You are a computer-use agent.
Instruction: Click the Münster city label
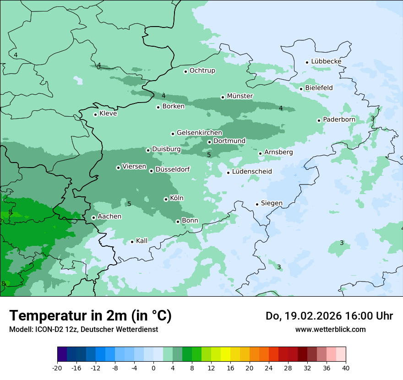tap(240, 96)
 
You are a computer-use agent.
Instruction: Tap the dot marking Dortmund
tap(209, 142)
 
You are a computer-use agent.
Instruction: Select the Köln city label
tap(176, 198)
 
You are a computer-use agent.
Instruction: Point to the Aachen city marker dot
tap(93, 217)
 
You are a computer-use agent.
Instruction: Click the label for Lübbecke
tap(326, 61)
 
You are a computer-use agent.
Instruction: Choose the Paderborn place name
tap(339, 119)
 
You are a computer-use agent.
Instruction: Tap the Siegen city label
tap(272, 203)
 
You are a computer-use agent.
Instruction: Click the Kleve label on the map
tap(108, 114)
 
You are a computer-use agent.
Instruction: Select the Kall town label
tap(142, 241)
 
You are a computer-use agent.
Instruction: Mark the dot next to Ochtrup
tap(185, 71)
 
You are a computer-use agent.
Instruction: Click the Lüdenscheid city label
tap(252, 172)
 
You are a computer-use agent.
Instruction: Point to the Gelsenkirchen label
tap(199, 133)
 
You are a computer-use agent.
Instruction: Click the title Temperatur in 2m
tap(90, 316)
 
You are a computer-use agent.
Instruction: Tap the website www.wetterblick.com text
tap(330, 329)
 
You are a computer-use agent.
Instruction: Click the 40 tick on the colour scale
tap(345, 368)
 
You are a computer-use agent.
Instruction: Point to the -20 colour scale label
tap(57, 368)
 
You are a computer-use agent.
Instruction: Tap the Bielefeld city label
tap(319, 87)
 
